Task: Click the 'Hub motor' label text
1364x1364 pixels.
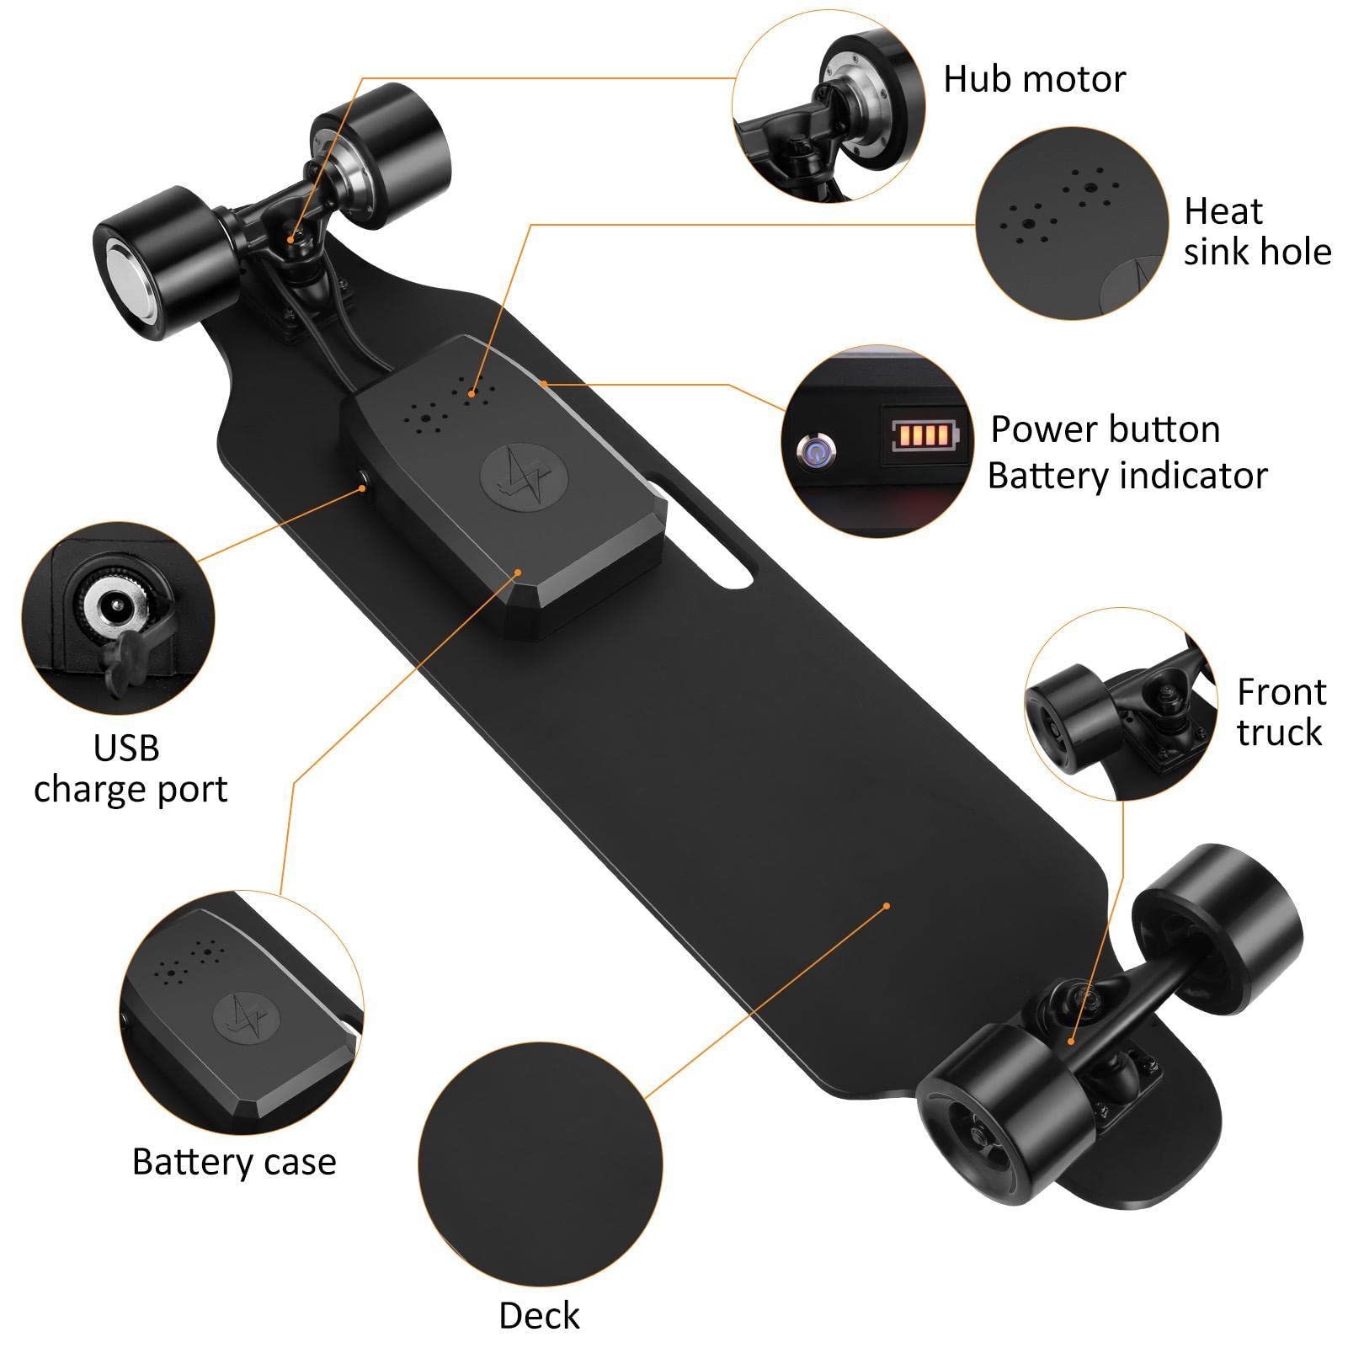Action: click(x=1034, y=79)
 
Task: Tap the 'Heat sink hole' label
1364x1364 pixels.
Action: click(x=1256, y=232)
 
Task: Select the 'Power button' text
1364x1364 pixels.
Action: click(x=1105, y=429)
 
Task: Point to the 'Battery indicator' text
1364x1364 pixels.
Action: click(x=1127, y=476)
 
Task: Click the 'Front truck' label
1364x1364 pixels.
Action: click(x=1280, y=712)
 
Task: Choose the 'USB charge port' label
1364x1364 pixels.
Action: click(x=130, y=769)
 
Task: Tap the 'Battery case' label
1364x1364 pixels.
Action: click(x=234, y=1162)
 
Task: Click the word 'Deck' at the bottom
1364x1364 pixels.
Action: click(x=539, y=1316)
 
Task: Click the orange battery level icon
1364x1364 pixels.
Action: click(x=924, y=435)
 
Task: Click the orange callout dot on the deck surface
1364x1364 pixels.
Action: click(x=887, y=906)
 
